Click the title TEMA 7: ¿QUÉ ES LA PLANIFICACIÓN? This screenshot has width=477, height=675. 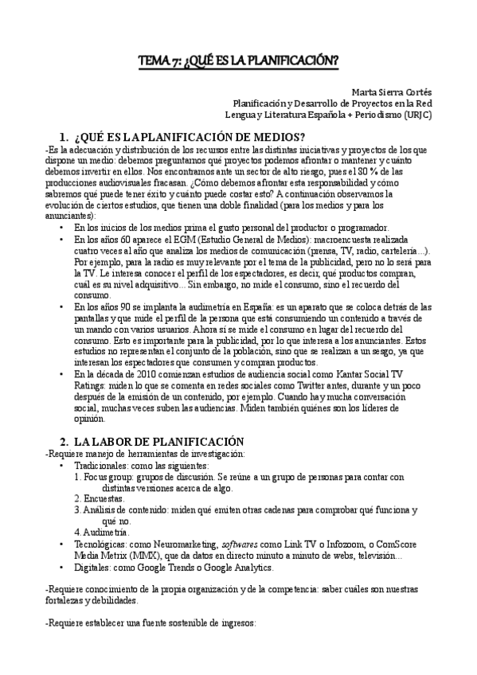239,60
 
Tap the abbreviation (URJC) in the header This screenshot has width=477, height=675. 416,114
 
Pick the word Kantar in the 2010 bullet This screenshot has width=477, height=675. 341,373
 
